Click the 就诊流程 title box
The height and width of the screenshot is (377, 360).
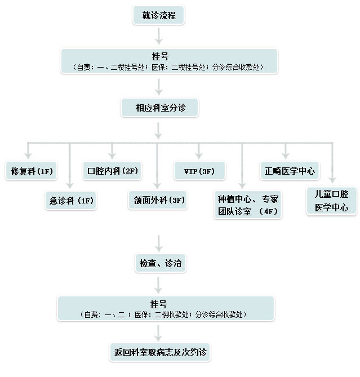[159, 16]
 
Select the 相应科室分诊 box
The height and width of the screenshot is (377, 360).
[160, 108]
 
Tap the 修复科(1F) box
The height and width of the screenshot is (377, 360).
[32, 171]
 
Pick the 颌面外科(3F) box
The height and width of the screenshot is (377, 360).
[157, 201]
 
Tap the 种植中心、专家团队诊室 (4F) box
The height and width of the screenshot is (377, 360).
[248, 206]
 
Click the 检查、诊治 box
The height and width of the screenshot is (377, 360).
[161, 263]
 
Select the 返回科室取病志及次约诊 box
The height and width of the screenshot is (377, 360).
[160, 353]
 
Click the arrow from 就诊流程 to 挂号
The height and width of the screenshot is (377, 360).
[159, 36]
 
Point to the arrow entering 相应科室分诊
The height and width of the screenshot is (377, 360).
[159, 86]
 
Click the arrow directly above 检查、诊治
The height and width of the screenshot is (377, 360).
[160, 242]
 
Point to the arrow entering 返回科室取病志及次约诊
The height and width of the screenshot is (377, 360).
[160, 332]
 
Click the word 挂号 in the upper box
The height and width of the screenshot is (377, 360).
[159, 57]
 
